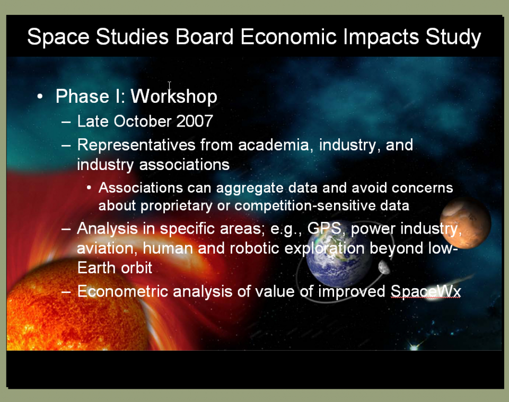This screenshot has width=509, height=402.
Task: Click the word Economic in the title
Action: pos(288,37)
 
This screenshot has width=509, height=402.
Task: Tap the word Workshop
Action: pos(174,96)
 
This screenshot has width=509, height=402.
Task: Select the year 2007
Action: pos(195,121)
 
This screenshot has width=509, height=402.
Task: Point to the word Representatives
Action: pos(136,145)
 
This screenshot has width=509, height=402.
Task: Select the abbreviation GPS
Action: pos(324,229)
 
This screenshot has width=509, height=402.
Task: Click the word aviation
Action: pos(105,248)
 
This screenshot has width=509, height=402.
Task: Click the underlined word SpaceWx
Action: pos(426,291)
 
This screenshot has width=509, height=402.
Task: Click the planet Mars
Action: pos(466,223)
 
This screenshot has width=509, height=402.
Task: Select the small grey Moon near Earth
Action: pos(384,267)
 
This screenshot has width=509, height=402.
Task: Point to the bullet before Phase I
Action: pos(40,96)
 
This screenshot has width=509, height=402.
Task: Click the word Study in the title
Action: pos(453,37)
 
